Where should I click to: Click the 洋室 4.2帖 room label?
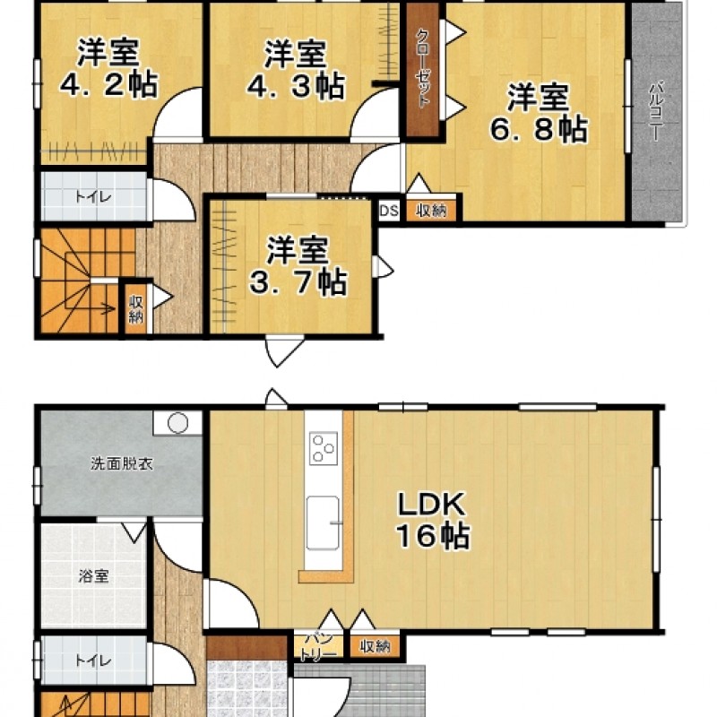click(x=108, y=69)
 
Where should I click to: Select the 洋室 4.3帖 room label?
click(x=296, y=70)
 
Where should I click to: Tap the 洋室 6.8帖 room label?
click(x=539, y=113)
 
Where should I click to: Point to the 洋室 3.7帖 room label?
click(x=298, y=265)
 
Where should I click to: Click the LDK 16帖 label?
click(x=432, y=520)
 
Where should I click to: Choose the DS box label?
click(x=389, y=212)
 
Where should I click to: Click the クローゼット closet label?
click(x=423, y=69)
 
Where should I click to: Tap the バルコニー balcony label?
click(x=657, y=110)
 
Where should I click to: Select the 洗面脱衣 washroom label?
click(x=122, y=464)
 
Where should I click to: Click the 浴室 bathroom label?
click(x=94, y=575)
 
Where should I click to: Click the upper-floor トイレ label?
click(x=93, y=197)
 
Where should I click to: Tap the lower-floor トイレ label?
click(x=93, y=661)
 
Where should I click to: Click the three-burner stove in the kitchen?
click(x=324, y=448)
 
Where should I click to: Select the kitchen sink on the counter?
click(x=324, y=523)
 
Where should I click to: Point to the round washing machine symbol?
click(x=177, y=423)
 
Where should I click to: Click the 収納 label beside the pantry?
click(x=375, y=646)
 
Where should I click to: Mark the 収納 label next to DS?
click(x=432, y=212)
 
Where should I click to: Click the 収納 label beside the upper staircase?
click(x=136, y=309)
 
